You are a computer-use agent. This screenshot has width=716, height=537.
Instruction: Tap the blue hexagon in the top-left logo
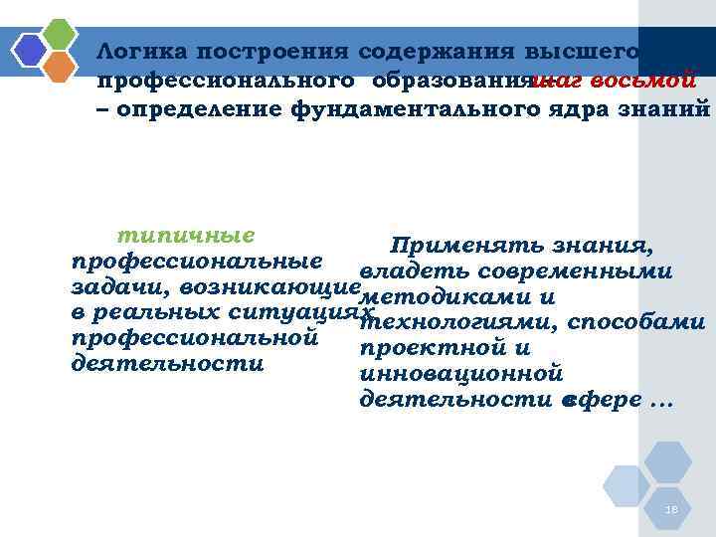31,50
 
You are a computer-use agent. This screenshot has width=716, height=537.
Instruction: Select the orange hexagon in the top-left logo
60,67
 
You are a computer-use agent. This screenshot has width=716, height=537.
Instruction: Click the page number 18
671,510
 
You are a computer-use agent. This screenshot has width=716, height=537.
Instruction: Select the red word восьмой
647,80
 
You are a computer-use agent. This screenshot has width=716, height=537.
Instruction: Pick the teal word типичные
186,237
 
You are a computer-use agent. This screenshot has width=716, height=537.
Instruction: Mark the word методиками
437,297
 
